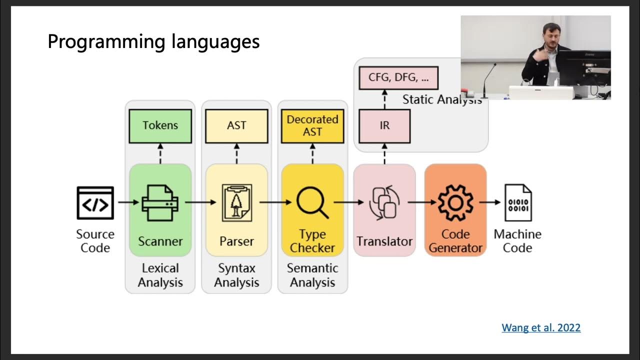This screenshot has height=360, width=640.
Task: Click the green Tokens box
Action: [x=160, y=126]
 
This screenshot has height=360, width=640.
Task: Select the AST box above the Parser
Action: [x=236, y=126]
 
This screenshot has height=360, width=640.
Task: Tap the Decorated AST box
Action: [x=312, y=126]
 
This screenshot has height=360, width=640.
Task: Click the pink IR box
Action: [x=384, y=126]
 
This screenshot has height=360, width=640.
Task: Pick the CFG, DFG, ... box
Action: [x=398, y=78]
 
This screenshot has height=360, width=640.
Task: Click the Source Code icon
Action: [x=95, y=202]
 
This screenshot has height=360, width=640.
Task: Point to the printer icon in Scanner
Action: [x=160, y=202]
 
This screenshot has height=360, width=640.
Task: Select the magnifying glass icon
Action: [x=312, y=202]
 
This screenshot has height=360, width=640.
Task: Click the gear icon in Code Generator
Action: [x=455, y=202]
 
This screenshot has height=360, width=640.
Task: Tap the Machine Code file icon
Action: [x=517, y=202]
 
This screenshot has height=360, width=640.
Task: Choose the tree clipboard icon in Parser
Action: [x=236, y=202]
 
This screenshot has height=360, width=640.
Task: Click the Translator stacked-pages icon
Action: [x=384, y=202]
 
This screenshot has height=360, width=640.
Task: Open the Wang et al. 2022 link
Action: [x=541, y=328]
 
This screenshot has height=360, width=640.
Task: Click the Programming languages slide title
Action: [x=153, y=41]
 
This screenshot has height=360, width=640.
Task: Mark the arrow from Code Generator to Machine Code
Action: [x=490, y=202]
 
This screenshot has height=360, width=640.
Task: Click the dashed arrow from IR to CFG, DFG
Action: [x=384, y=99]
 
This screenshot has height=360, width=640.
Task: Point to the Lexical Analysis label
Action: [x=160, y=275]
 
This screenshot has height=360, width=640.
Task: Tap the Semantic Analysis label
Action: [x=312, y=275]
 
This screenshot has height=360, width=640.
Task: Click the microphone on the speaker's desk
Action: [x=487, y=80]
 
